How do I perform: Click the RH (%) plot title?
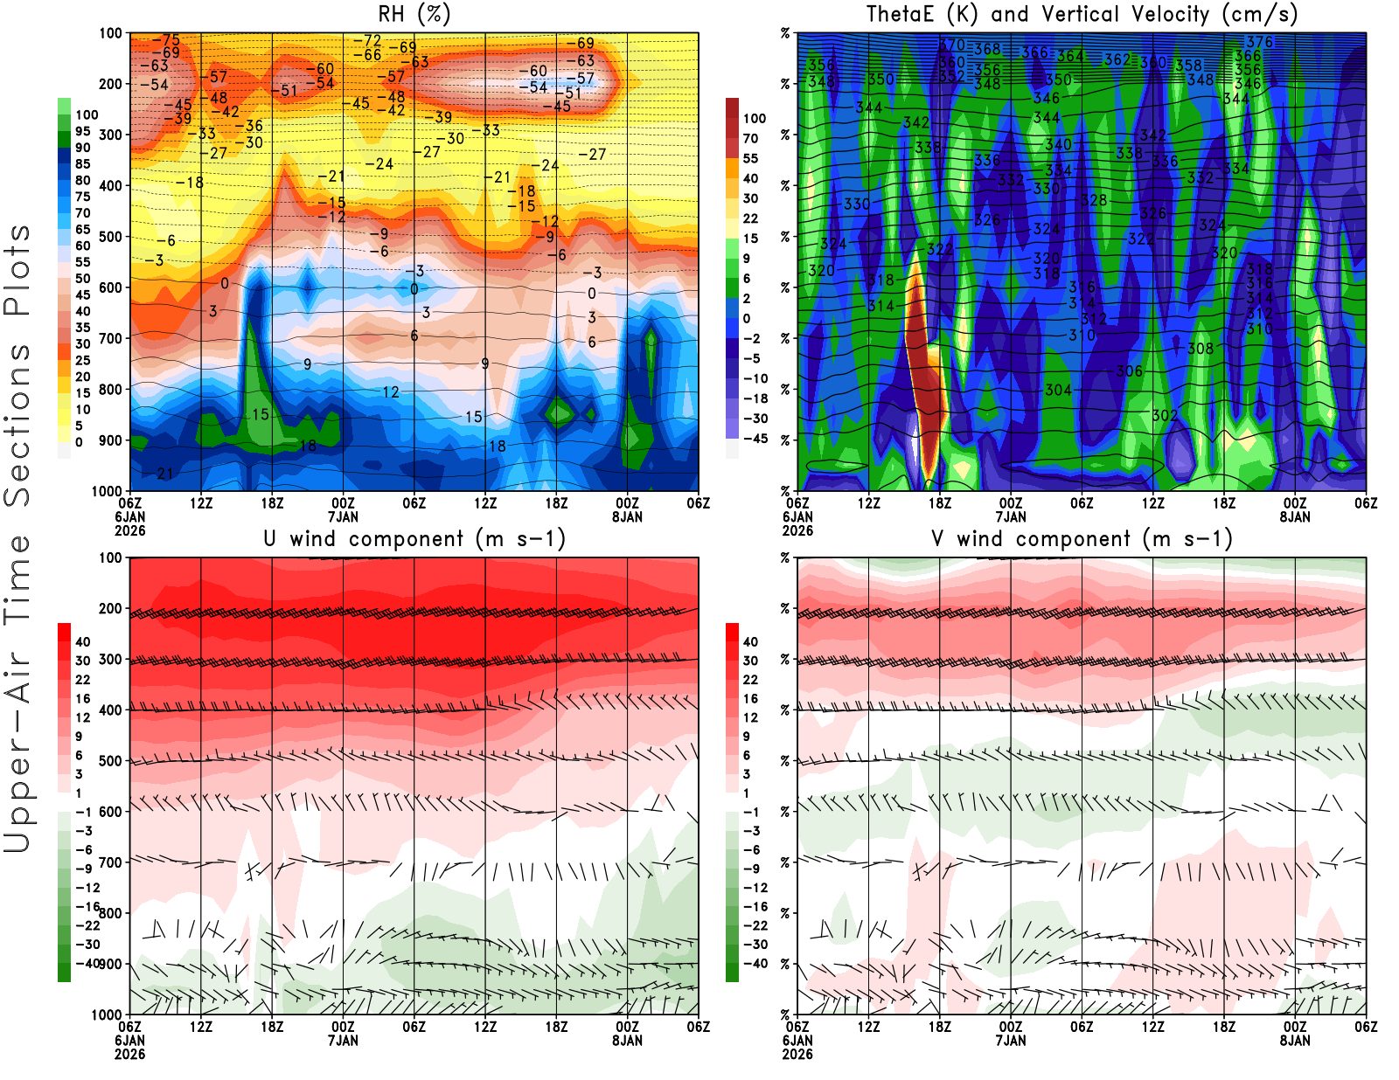tap(414, 14)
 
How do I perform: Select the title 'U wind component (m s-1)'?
tap(414, 538)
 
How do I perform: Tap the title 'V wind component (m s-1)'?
tap(1082, 538)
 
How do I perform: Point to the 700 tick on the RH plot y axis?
tap(110, 338)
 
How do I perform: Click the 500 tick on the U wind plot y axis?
tap(110, 761)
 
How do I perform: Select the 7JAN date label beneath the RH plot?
tap(343, 516)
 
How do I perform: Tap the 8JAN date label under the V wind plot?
tap(1295, 1041)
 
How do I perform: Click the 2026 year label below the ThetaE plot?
tap(797, 530)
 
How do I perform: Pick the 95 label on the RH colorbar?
tap(82, 131)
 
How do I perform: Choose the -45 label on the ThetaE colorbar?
tap(755, 439)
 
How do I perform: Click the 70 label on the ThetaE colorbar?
tap(750, 138)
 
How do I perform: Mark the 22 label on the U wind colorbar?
tap(82, 680)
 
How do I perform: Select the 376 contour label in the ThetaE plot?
tap(1260, 42)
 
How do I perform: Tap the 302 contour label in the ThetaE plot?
tap(1164, 415)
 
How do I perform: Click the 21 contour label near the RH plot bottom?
tap(164, 474)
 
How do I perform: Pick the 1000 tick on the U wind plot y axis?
tap(107, 1014)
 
